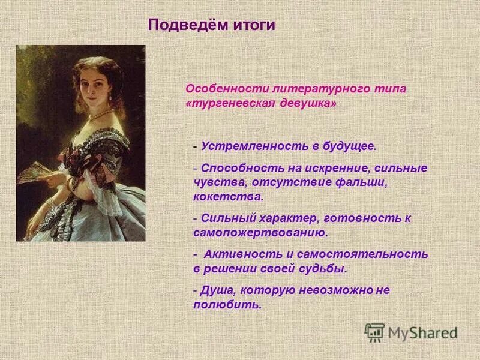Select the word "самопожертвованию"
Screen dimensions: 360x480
[259, 232]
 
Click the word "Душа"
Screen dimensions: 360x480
[218, 290]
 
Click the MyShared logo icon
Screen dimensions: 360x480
[375, 331]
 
